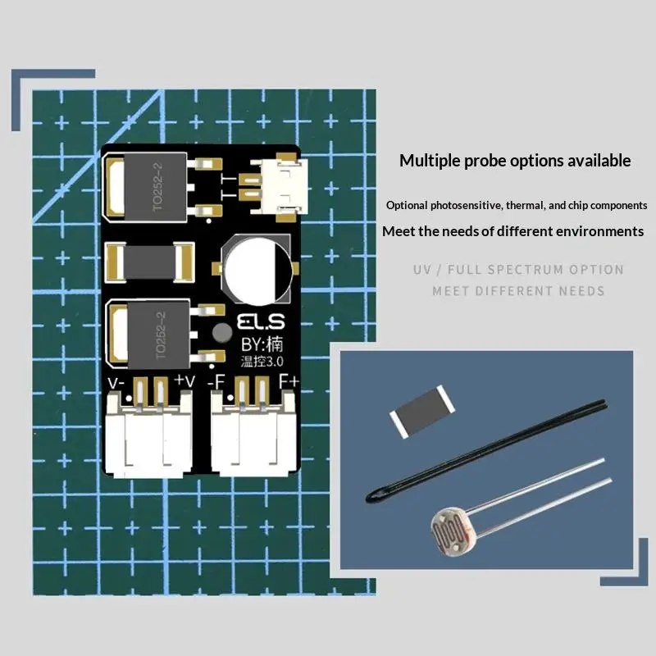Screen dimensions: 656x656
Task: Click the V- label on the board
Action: (x=116, y=383)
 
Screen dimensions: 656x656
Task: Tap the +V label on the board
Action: (x=184, y=380)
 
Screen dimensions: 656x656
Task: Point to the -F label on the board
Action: (x=216, y=381)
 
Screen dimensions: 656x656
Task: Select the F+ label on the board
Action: (x=289, y=381)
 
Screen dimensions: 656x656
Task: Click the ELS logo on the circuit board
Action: (x=261, y=321)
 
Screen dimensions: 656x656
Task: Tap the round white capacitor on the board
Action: (x=256, y=271)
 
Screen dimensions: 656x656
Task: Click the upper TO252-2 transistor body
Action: (x=155, y=187)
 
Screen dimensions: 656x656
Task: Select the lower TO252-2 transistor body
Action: (x=158, y=335)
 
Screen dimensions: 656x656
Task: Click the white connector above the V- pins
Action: (x=148, y=435)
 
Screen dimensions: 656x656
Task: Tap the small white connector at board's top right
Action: (x=284, y=186)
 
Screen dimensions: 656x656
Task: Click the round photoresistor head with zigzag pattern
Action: (x=453, y=531)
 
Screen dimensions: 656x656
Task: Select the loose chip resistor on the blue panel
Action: (x=422, y=412)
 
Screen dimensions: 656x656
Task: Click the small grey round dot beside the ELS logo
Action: (x=221, y=333)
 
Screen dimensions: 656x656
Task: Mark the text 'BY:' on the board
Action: (x=253, y=344)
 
